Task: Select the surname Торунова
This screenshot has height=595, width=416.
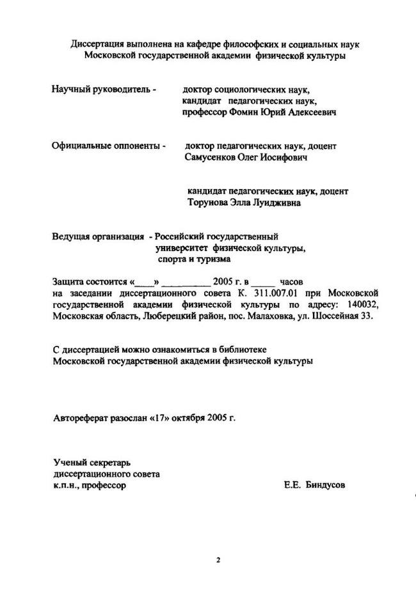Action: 208,203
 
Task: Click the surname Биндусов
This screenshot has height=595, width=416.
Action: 325,485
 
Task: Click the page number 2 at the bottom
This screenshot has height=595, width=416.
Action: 218,561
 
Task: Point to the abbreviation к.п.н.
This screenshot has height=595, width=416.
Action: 67,485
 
